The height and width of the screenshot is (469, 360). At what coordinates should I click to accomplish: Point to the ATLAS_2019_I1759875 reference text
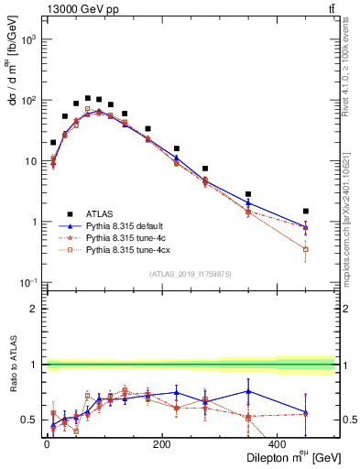(191, 273)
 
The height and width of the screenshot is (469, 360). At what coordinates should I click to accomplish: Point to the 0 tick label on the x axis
(47, 444)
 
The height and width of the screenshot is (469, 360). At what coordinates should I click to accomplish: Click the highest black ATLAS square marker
(88, 98)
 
